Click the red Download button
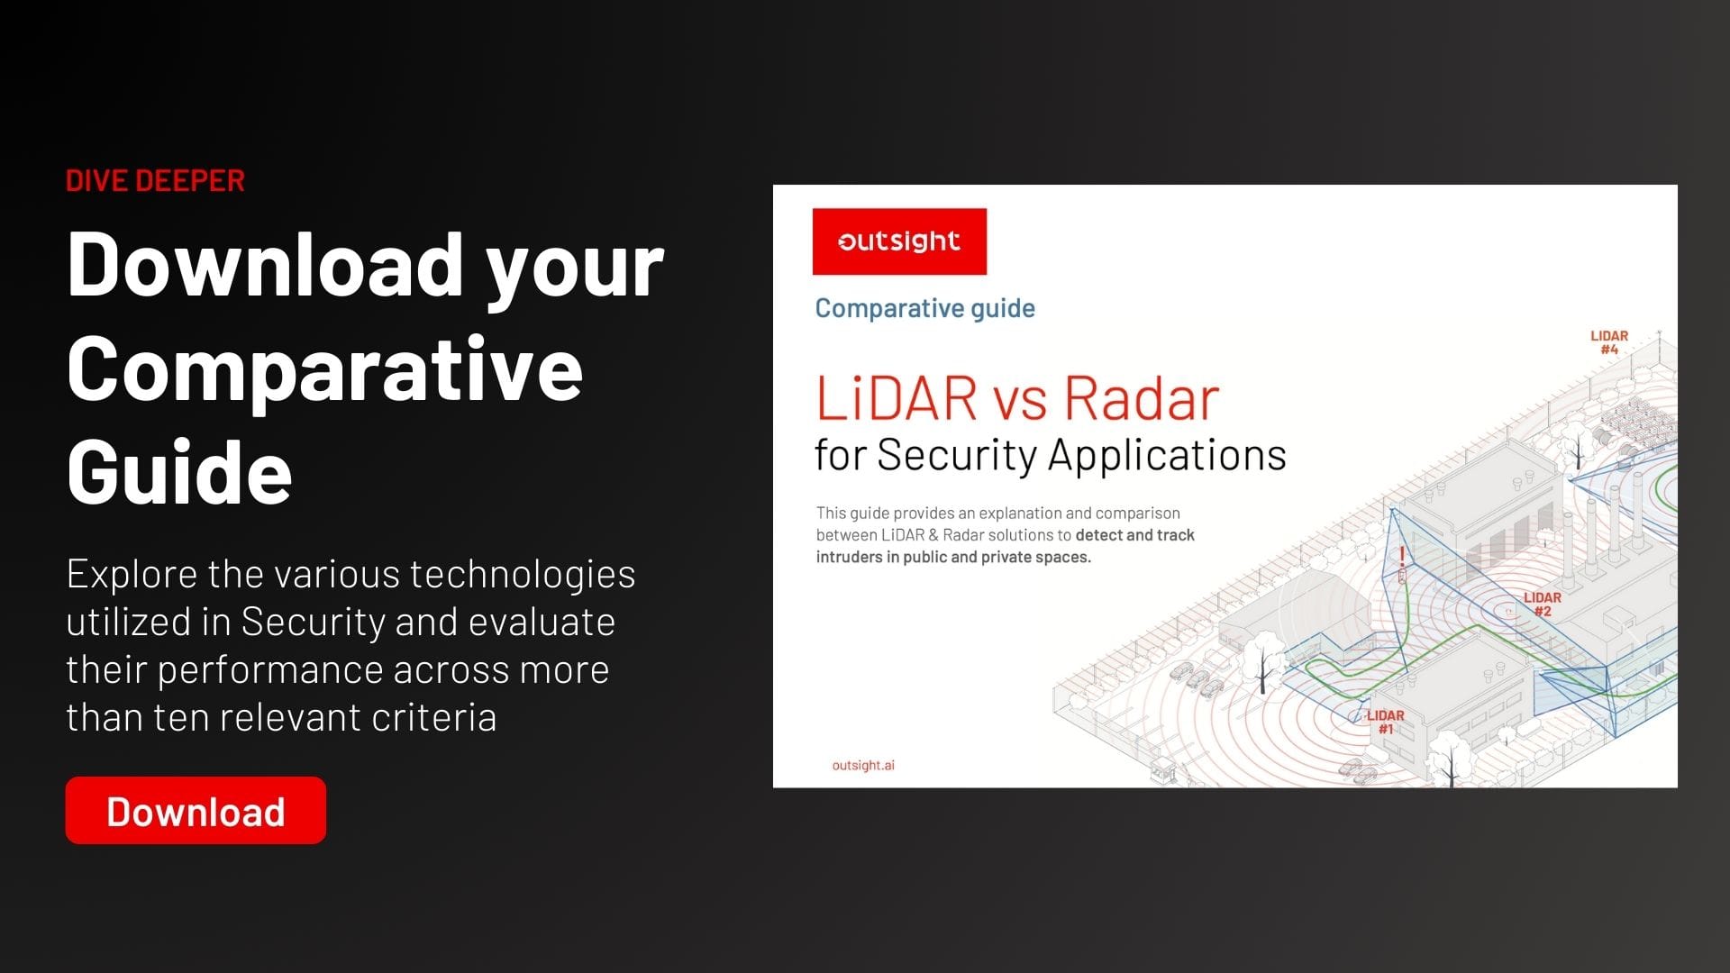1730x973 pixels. click(196, 810)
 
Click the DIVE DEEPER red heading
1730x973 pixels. click(155, 180)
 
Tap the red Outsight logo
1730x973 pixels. click(899, 241)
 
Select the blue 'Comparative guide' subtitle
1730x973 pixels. click(924, 308)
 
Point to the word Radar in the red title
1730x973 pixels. click(1142, 398)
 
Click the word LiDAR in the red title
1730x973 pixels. click(897, 398)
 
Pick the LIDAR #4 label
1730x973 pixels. click(1609, 342)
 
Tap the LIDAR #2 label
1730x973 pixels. click(1543, 604)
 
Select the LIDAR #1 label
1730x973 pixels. click(1386, 722)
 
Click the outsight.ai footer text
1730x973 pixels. click(863, 765)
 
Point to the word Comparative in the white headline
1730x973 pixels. click(324, 368)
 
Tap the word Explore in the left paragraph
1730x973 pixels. click(132, 575)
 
